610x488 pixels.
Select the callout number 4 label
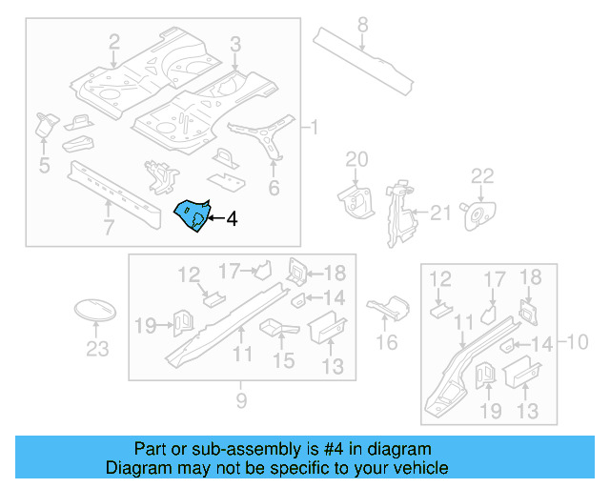click(231, 219)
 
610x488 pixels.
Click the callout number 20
click(356, 158)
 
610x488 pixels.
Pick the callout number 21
click(439, 213)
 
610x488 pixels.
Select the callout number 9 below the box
click(241, 401)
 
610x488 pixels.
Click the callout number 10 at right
click(579, 341)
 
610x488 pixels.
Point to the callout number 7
click(109, 227)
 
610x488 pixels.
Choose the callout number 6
click(274, 189)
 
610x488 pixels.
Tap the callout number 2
click(114, 41)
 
